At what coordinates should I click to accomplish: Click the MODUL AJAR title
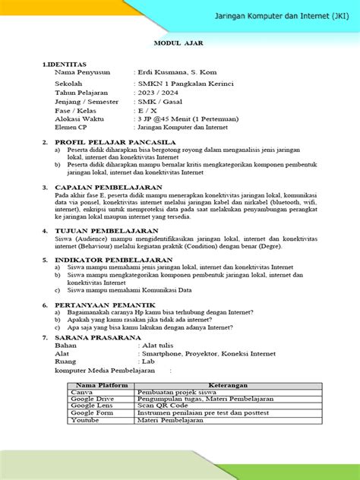(x=179, y=44)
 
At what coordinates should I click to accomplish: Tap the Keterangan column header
(x=227, y=385)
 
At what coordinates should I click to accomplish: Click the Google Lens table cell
(x=92, y=406)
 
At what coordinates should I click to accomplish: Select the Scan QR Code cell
(x=163, y=406)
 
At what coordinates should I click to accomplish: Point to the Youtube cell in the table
(x=85, y=420)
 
